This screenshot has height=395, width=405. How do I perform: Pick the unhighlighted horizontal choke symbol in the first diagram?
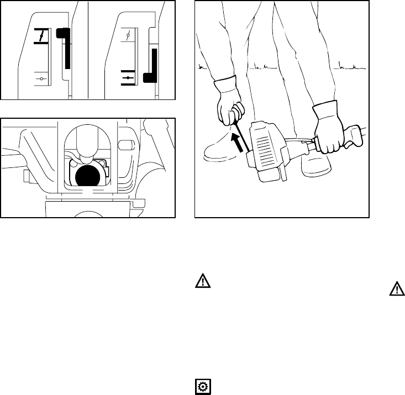pos(41,80)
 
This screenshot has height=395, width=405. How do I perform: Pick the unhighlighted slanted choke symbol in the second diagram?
pos(128,36)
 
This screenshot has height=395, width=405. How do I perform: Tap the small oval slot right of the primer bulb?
pos(127,145)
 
